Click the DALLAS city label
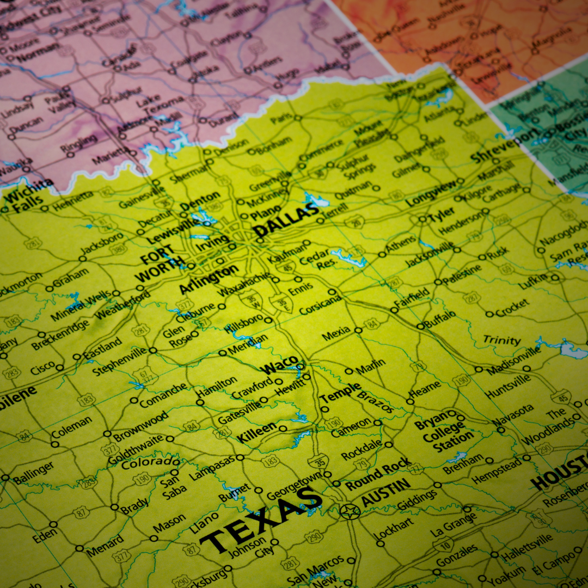(x=286, y=220)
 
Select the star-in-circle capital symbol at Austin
(x=350, y=511)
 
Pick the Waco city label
(x=279, y=365)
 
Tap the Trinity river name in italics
(x=502, y=340)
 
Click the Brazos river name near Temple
(x=375, y=401)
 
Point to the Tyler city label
(x=442, y=215)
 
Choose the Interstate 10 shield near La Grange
(x=443, y=543)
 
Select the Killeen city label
(x=256, y=432)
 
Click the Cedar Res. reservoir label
(x=315, y=259)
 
